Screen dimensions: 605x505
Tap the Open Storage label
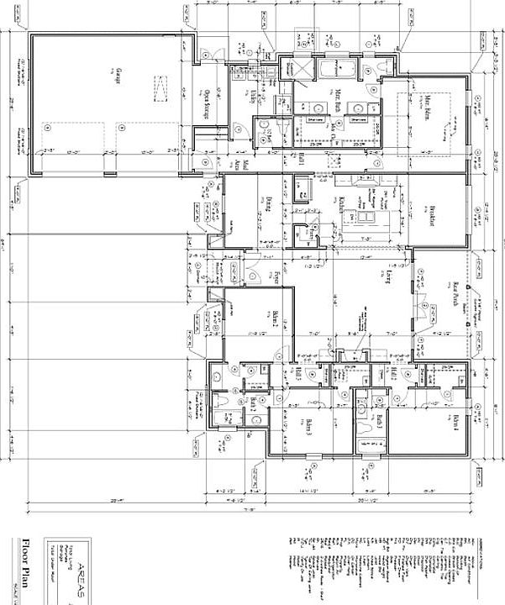pos(206,102)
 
